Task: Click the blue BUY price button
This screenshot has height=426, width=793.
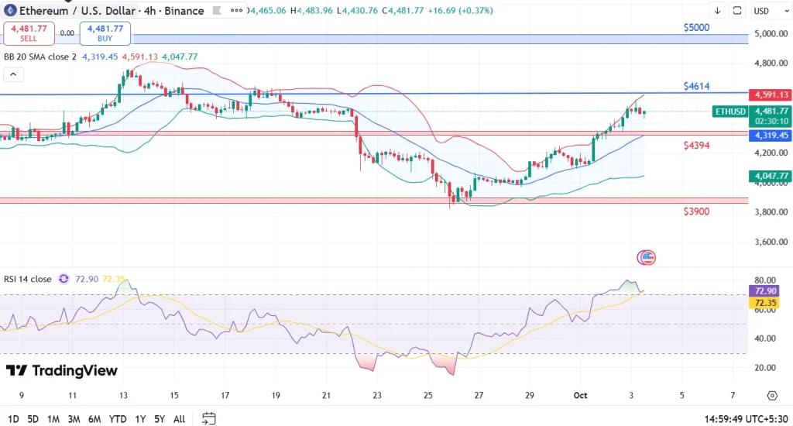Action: (105, 33)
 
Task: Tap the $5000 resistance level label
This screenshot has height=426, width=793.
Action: (696, 27)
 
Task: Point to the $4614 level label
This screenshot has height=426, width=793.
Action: (696, 86)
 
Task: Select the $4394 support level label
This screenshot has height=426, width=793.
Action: (697, 146)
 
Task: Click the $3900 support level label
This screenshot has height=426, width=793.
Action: (696, 211)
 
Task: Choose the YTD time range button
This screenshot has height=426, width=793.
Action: (118, 419)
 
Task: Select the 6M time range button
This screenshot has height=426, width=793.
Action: (94, 419)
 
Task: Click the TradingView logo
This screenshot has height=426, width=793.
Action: (62, 371)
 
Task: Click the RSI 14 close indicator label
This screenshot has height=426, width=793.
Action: (28, 279)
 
